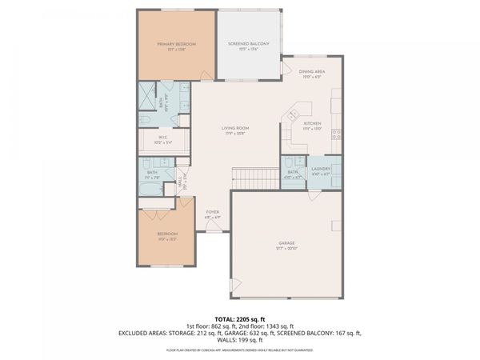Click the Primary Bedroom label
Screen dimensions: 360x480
click(177, 44)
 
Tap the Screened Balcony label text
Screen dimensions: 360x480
click(248, 44)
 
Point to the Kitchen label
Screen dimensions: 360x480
click(311, 124)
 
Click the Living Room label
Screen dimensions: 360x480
click(235, 128)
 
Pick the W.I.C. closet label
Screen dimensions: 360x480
click(162, 138)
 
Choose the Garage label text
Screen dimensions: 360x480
click(287, 244)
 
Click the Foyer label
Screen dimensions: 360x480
click(212, 213)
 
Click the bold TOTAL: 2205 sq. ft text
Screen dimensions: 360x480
click(239, 318)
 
